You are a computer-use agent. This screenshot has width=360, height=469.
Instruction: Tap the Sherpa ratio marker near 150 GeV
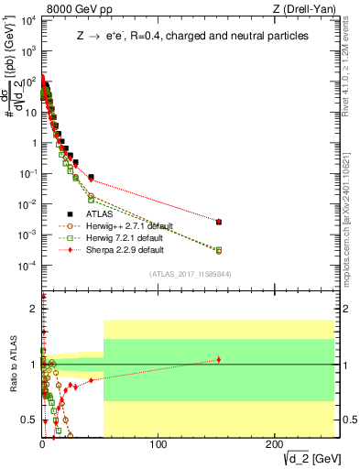click(x=218, y=359)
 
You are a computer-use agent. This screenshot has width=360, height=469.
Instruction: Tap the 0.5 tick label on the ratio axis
click(x=30, y=420)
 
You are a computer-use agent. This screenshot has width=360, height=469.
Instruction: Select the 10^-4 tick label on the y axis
click(x=26, y=266)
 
